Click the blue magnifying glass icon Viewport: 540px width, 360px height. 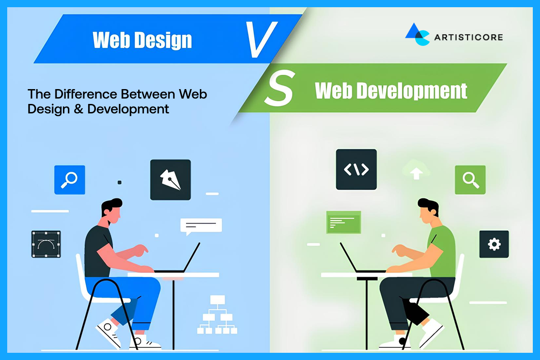click(70, 180)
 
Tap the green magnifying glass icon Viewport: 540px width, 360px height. click(470, 180)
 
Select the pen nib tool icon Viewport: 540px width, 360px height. click(170, 180)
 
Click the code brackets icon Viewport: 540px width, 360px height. click(356, 169)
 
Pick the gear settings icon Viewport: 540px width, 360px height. click(494, 244)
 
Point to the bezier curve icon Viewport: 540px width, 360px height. click(46, 244)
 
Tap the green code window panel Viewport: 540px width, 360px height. click(343, 222)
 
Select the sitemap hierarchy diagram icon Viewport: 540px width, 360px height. click(217, 315)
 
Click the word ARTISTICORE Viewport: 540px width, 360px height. click(468, 37)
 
